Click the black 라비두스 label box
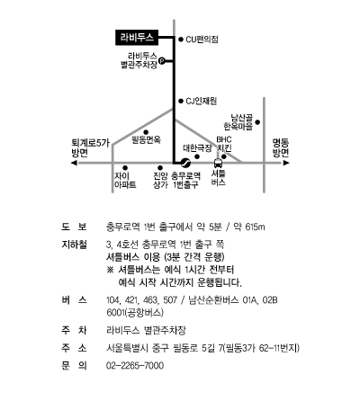(x=137, y=38)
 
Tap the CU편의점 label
(x=202, y=40)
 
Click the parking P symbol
(x=161, y=61)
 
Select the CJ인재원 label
(x=201, y=102)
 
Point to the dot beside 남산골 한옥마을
(x=257, y=122)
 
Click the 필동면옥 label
(x=147, y=139)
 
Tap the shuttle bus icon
(x=218, y=163)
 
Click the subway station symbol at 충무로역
(x=185, y=163)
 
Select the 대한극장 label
(x=197, y=148)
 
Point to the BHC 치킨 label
(x=224, y=144)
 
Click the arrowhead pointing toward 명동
(x=286, y=163)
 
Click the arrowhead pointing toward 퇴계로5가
(x=74, y=163)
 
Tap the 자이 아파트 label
(x=125, y=181)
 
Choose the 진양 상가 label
(x=160, y=181)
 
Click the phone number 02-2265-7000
(x=135, y=366)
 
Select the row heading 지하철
(x=74, y=245)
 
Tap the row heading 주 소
(x=74, y=348)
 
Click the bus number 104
(x=112, y=300)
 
